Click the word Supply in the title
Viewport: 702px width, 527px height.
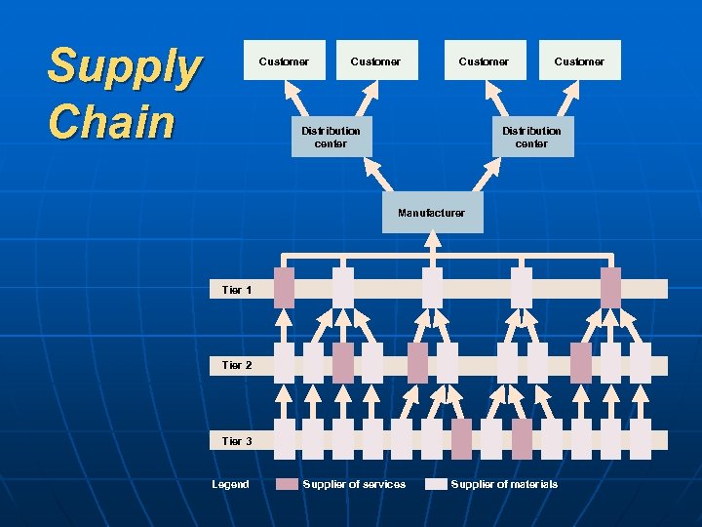click(124, 66)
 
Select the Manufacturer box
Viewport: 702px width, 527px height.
click(432, 213)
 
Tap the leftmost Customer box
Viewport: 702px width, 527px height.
click(284, 61)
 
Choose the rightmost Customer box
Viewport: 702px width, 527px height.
click(579, 61)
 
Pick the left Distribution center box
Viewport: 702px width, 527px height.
click(331, 137)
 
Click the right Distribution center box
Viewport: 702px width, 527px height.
click(531, 137)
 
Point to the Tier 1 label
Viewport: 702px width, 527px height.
click(237, 290)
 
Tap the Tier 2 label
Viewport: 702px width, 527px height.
click(237, 365)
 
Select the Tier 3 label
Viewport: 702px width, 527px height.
click(237, 441)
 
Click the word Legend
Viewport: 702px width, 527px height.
click(231, 484)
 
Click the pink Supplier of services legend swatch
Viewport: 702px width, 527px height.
click(288, 484)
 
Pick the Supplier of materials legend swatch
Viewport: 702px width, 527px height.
click(436, 484)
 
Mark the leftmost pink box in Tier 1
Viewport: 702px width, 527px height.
click(284, 288)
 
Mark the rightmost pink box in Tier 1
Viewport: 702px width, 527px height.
click(610, 288)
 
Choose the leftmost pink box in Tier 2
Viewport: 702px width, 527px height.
click(343, 362)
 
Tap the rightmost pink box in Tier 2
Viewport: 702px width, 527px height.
click(581, 362)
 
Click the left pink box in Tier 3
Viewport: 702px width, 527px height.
click(461, 439)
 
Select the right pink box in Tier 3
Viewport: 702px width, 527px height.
click(522, 439)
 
